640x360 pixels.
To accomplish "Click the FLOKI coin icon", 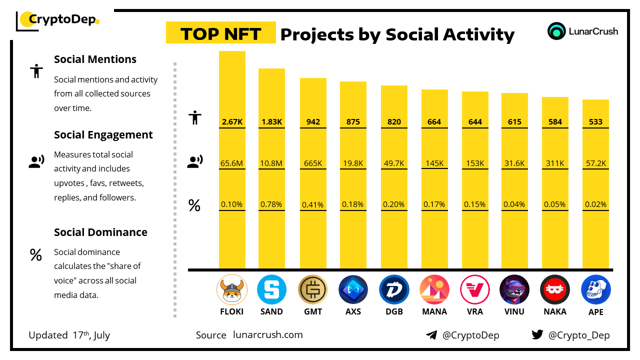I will coord(232,290).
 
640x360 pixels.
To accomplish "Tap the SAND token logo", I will coord(271,290).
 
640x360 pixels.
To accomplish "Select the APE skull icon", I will coord(595,290).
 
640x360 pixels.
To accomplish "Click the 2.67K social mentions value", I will coord(232,122).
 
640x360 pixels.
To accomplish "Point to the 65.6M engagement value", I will coord(232,163).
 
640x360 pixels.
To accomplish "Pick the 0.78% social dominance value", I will coord(271,204).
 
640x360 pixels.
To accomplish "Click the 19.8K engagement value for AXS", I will coord(353,163).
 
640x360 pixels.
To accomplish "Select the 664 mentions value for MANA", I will coord(434,122).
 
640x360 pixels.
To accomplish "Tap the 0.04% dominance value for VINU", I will coord(514,204).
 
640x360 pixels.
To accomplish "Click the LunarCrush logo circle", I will coord(556,31).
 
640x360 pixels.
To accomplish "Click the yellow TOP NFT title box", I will coord(220,33).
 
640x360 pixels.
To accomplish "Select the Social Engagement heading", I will coord(103,135).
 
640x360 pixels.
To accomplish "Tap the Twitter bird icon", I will coord(537,335).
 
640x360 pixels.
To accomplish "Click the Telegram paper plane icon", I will coord(431,335).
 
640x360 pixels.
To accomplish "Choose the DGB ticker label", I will coord(393,311).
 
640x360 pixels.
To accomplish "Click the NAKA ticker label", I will coord(555,311).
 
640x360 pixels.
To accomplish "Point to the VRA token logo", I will coord(475,290).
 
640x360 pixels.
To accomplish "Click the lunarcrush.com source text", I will coord(268,335).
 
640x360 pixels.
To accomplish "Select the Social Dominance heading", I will coord(100,232).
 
